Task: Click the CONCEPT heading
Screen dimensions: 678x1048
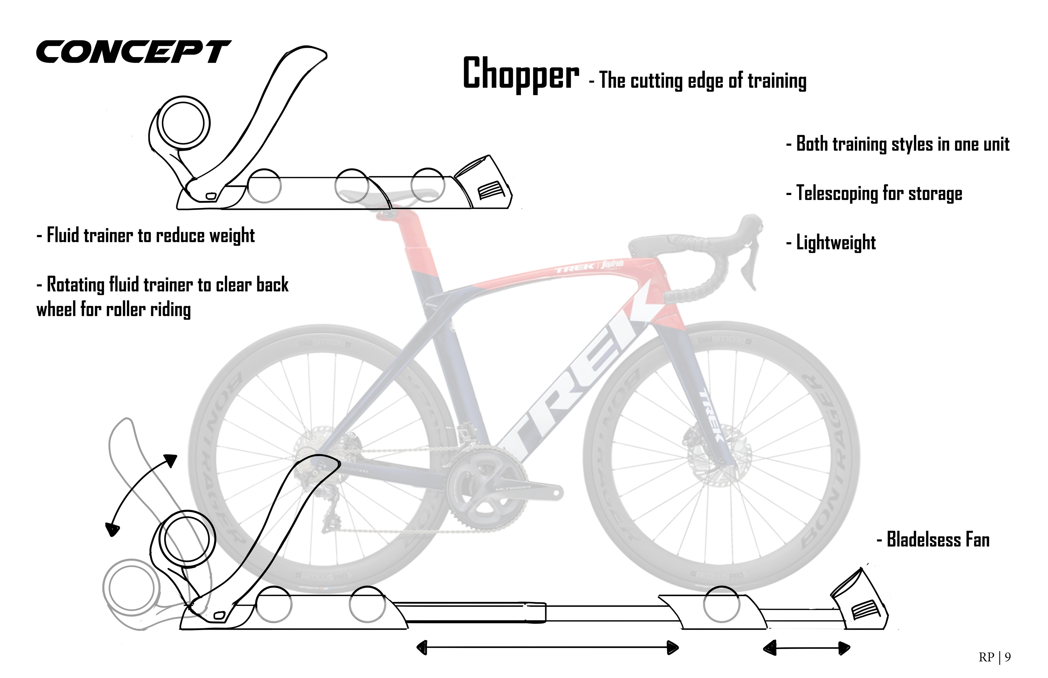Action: [x=133, y=52]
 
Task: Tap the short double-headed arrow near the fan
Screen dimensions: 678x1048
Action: [x=806, y=648]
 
